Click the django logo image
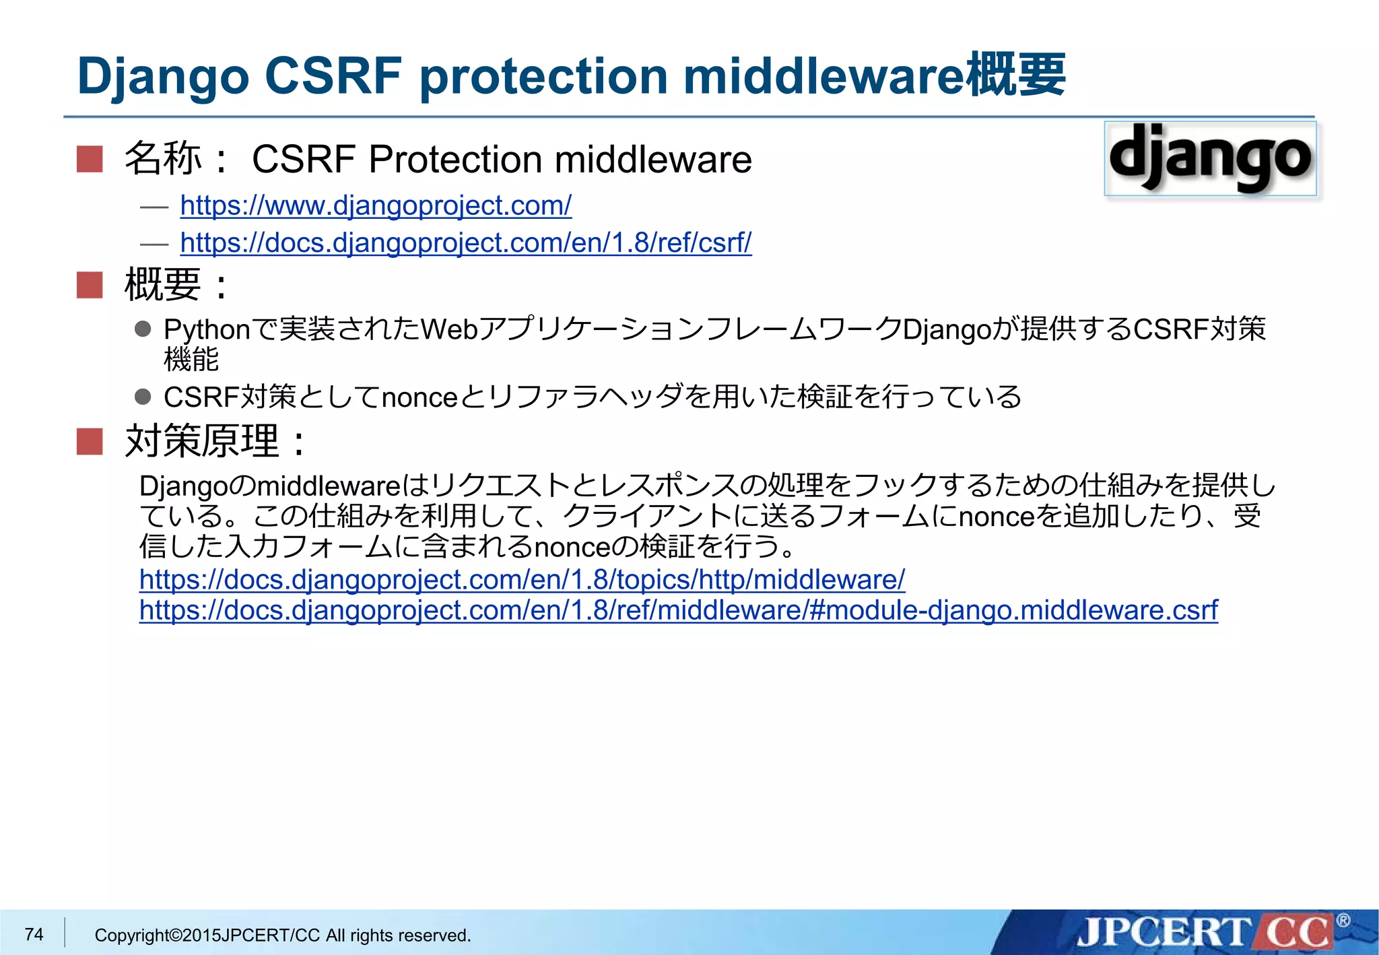(1210, 159)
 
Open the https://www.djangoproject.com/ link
(376, 205)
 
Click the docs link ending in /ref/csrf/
(465, 242)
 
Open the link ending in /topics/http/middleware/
(522, 579)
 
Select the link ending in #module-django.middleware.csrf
(678, 610)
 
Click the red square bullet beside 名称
(90, 160)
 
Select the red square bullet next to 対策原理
(90, 442)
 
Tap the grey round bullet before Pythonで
(143, 329)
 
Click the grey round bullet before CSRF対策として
(143, 397)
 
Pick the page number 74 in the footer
(34, 934)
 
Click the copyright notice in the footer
(283, 935)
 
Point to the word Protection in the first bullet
(455, 160)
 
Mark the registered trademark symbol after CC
(1343, 920)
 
